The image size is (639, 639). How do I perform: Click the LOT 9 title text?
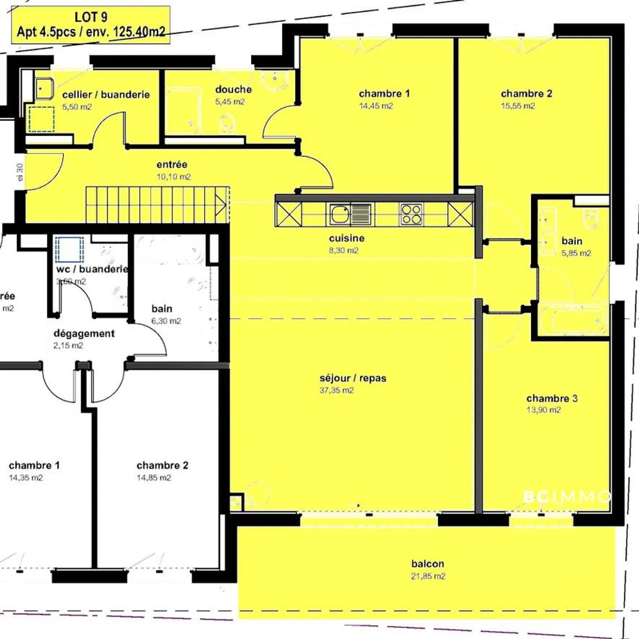click(91, 17)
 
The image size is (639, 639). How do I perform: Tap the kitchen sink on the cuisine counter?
click(340, 214)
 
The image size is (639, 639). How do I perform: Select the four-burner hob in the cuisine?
click(411, 214)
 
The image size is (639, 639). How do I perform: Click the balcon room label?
click(427, 564)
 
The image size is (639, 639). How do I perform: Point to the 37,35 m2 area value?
click(336, 390)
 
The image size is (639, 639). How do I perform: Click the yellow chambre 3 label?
click(552, 398)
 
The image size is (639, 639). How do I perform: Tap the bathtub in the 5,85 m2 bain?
click(572, 320)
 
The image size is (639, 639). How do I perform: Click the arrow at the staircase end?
click(221, 205)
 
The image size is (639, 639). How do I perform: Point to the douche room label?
click(233, 89)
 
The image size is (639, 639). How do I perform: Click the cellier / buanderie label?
click(106, 95)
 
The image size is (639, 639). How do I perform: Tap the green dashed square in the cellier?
click(42, 119)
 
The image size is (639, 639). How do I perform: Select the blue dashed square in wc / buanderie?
click(69, 249)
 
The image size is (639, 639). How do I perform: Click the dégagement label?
click(84, 333)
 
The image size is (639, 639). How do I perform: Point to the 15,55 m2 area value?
click(518, 106)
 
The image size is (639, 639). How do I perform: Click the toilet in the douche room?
click(227, 123)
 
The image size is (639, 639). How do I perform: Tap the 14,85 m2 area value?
click(154, 478)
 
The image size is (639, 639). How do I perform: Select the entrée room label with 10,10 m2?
click(172, 165)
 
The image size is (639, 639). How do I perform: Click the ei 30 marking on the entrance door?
click(20, 172)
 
